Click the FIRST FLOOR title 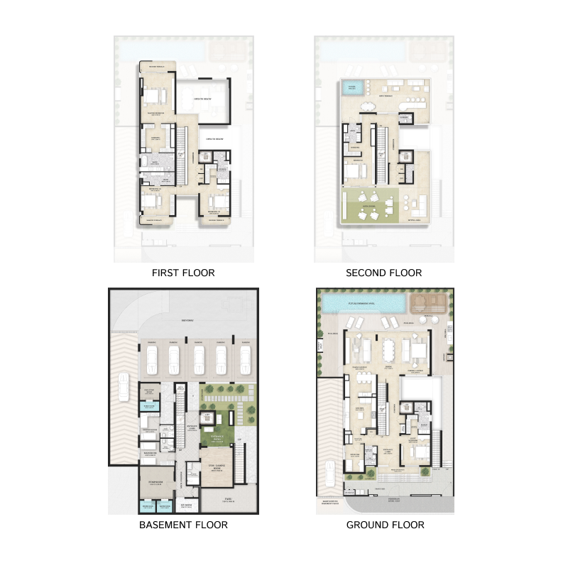pos(183,273)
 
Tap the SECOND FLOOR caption pos(383,273)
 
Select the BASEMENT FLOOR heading pos(183,525)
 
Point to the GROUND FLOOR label pos(385,525)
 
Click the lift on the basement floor pos(208,419)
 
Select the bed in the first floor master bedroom pos(156,95)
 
